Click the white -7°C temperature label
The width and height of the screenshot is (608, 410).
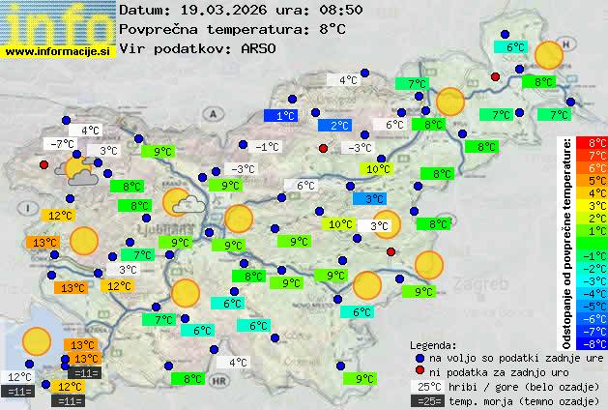[x=63, y=144]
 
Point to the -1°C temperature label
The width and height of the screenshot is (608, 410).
[x=266, y=147]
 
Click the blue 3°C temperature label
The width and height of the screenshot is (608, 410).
[x=368, y=199]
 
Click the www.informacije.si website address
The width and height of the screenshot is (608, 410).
[x=59, y=51]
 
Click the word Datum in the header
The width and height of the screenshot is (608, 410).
[x=141, y=10]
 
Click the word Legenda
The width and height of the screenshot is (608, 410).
[x=433, y=344]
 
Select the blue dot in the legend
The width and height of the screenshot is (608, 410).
[x=420, y=358]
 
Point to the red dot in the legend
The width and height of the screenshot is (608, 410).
[x=420, y=372]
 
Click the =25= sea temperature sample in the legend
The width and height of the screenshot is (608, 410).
[x=431, y=400]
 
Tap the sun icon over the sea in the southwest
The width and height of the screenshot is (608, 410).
[x=37, y=340]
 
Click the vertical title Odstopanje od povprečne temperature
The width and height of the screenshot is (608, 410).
[x=568, y=242]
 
